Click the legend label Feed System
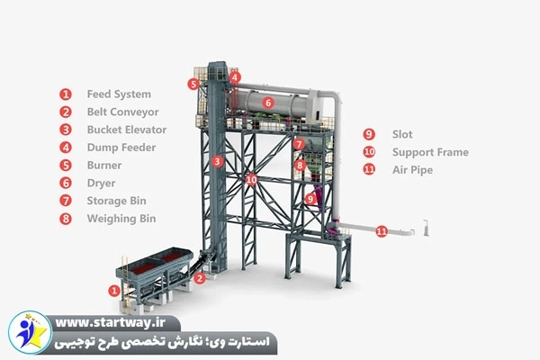(x=118, y=94)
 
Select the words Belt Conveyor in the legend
(x=122, y=112)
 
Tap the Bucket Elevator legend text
(x=126, y=130)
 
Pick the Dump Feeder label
(x=121, y=148)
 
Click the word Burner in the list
(x=104, y=166)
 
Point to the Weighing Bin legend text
(x=121, y=219)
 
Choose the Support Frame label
(x=430, y=152)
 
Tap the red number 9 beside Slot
(x=369, y=135)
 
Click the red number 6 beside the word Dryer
(x=66, y=183)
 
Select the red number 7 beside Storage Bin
(x=66, y=201)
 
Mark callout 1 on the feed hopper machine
(x=113, y=291)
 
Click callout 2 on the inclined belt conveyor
(x=200, y=279)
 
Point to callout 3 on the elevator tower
(x=218, y=162)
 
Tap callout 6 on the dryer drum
(x=267, y=103)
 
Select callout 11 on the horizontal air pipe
(x=382, y=231)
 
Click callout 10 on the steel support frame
(x=251, y=180)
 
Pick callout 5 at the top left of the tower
(x=193, y=84)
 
